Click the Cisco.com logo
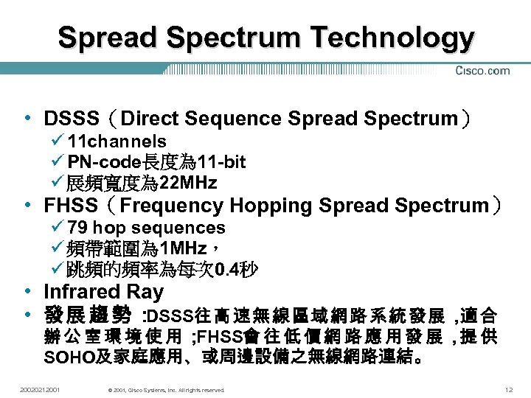(x=482, y=71)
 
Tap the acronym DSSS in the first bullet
(x=72, y=119)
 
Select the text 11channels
(x=117, y=142)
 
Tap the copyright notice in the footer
(x=165, y=389)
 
